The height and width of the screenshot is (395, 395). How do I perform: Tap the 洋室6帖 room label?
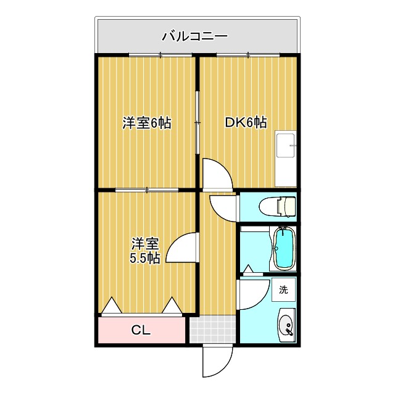146,123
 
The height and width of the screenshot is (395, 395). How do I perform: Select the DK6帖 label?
245,123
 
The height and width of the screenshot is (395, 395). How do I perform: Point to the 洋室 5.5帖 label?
145,251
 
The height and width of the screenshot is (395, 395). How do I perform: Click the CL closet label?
141,330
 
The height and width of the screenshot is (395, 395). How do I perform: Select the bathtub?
283,248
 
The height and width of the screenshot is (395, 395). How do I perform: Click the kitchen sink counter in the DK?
286,159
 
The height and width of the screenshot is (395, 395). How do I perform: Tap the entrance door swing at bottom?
217,361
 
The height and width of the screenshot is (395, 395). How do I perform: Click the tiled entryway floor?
212,329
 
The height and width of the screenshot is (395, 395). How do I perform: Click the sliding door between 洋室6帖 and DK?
197,123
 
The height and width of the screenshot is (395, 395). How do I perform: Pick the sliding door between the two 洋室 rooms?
147,189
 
